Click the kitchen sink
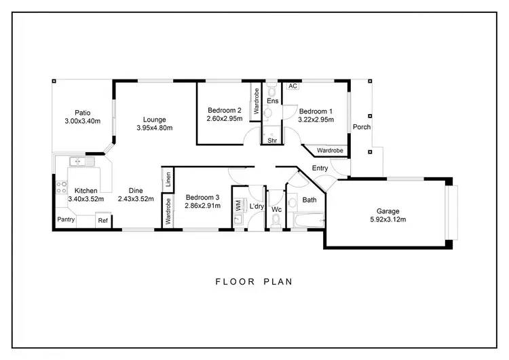click(77, 162)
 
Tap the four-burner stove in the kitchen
click(62, 185)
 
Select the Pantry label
click(66, 219)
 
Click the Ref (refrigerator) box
click(102, 220)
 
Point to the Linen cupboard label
click(168, 180)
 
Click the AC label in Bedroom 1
click(293, 86)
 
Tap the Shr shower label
click(272, 141)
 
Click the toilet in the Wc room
click(276, 219)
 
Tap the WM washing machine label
click(238, 204)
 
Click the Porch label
click(361, 127)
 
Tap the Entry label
click(320, 168)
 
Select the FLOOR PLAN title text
click(254, 281)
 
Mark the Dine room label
click(135, 191)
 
